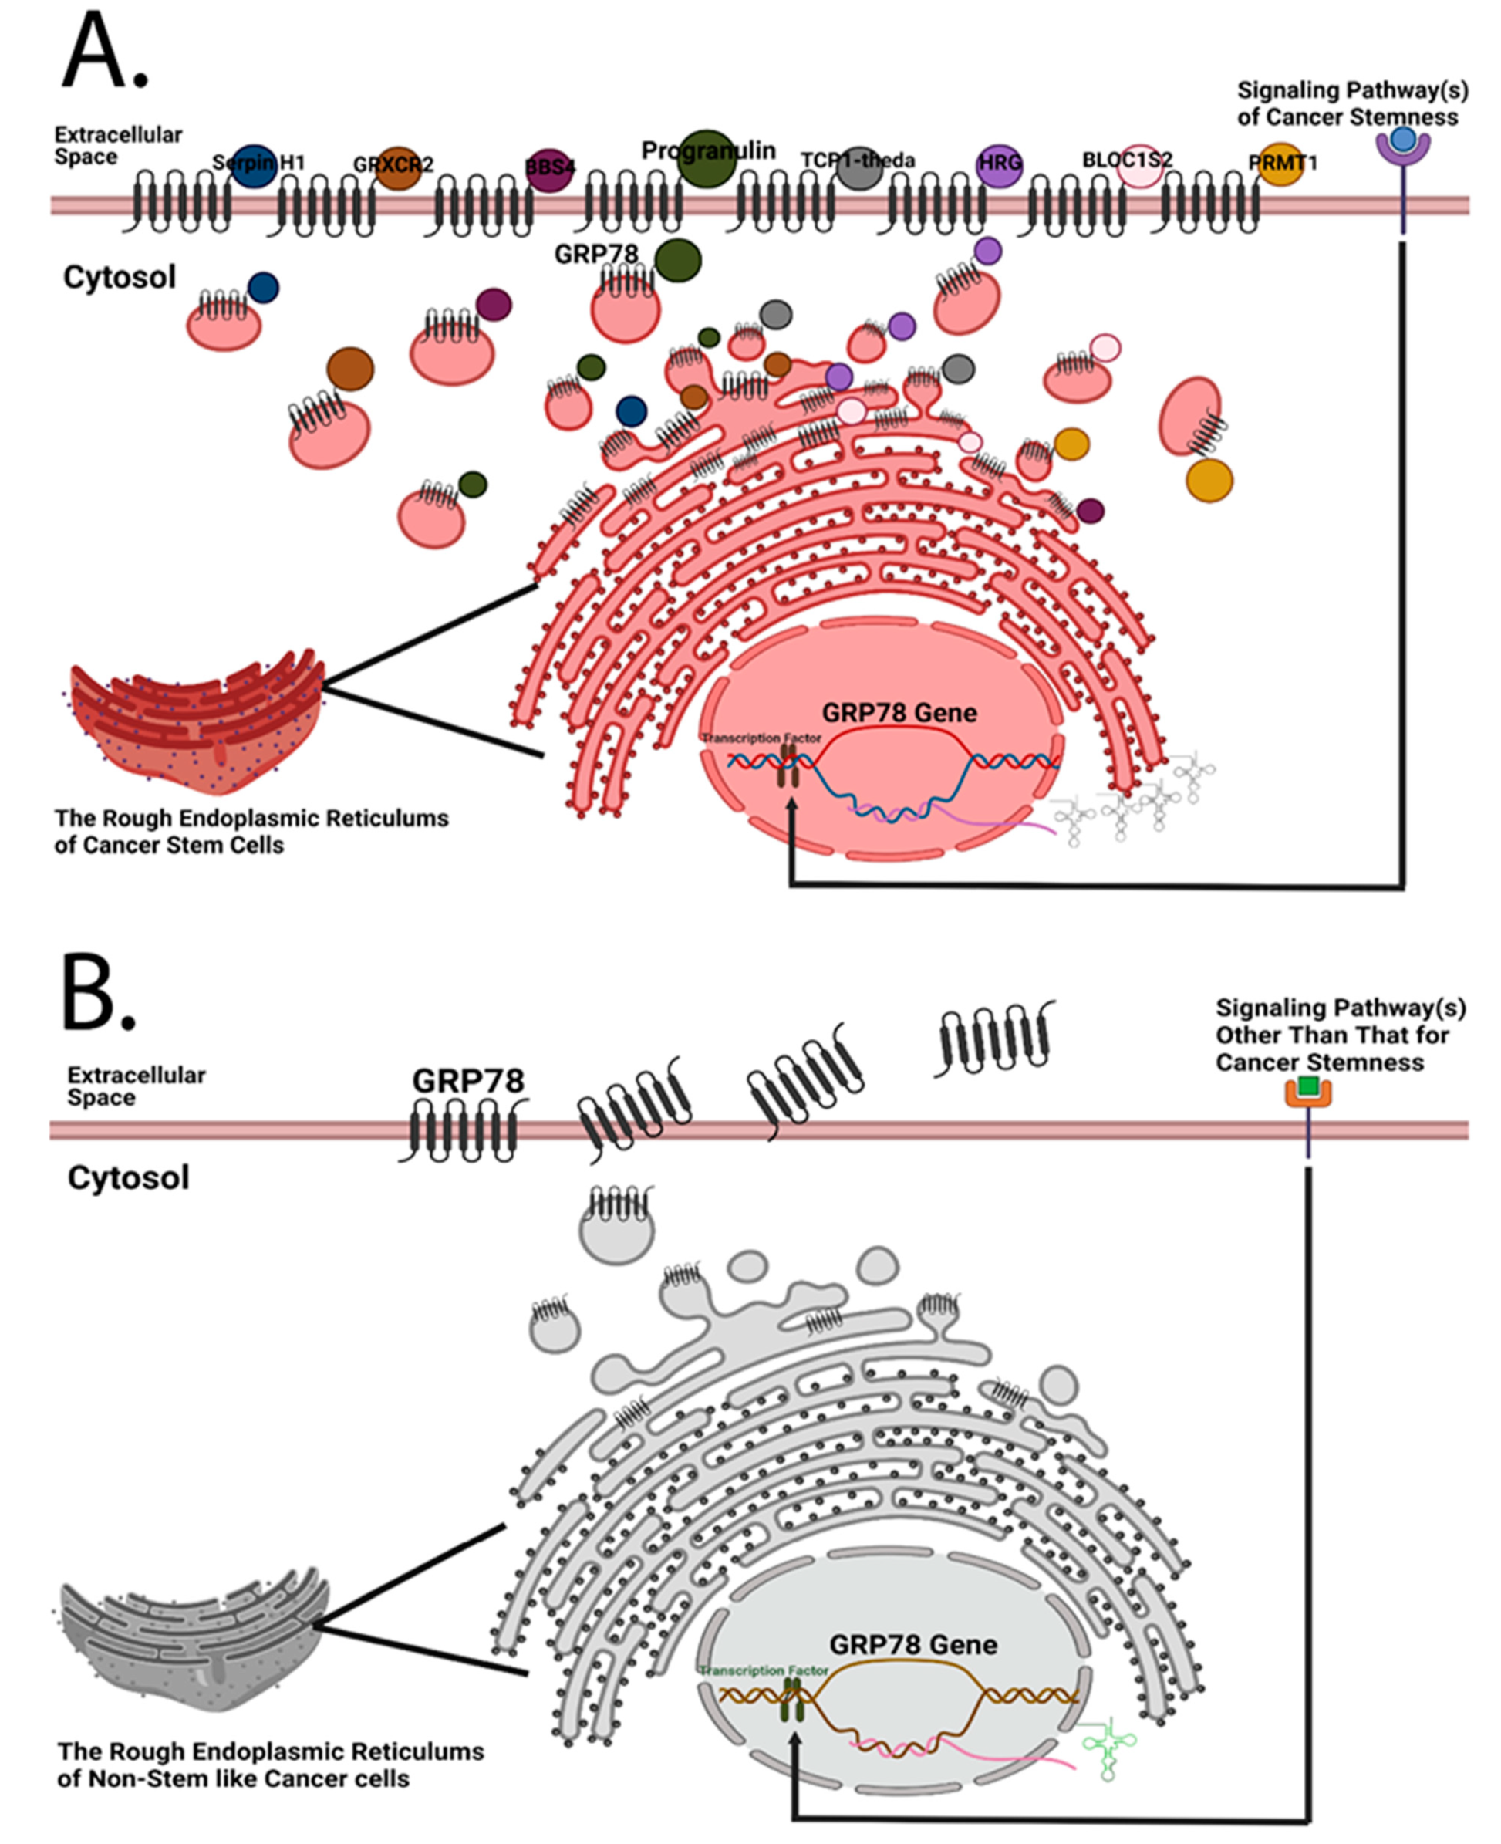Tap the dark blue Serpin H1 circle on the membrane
coord(255,166)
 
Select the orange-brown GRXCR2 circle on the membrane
coord(398,167)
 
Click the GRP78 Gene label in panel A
coord(899,713)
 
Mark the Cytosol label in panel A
coord(120,278)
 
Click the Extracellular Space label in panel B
coord(136,1086)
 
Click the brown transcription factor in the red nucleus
coord(787,766)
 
